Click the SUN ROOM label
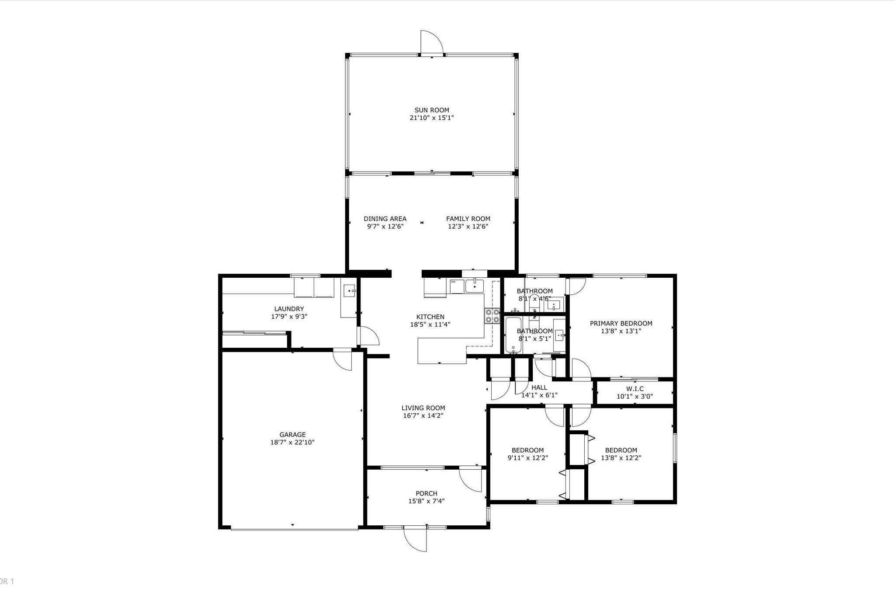pyautogui.click(x=432, y=110)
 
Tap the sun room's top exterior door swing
pyautogui.click(x=431, y=42)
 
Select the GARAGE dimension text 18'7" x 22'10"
pyautogui.click(x=292, y=442)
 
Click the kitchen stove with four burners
pyautogui.click(x=492, y=316)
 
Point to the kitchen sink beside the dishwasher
pyautogui.click(x=474, y=286)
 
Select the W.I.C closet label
pyautogui.click(x=635, y=389)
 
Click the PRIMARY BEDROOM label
pyautogui.click(x=621, y=323)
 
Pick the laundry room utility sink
pyautogui.click(x=350, y=290)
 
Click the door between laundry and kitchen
pyautogui.click(x=368, y=336)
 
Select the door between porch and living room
pyautogui.click(x=470, y=480)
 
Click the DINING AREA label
pyautogui.click(x=385, y=219)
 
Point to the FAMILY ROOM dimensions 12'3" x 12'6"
pyautogui.click(x=468, y=227)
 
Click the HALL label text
pyautogui.click(x=539, y=388)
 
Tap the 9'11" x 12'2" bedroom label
pyautogui.click(x=527, y=450)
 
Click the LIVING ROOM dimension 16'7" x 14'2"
pyautogui.click(x=423, y=415)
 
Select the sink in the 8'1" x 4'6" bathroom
pyautogui.click(x=554, y=304)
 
